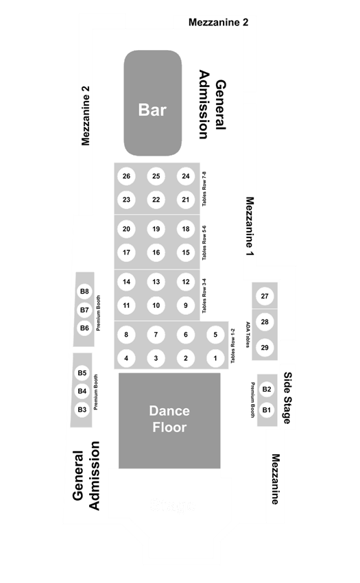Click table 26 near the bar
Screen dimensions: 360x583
coord(126,176)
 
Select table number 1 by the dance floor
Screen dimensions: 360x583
coord(215,359)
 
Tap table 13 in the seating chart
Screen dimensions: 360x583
coord(156,282)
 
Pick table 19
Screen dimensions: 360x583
coord(156,229)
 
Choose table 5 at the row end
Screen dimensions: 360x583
coord(215,335)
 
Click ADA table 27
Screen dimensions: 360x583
coord(265,296)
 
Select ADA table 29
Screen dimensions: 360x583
coord(265,348)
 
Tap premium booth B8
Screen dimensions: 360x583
coord(85,291)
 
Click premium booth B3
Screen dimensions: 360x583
coord(82,409)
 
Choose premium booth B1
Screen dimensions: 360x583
coord(267,410)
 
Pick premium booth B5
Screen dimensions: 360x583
coord(82,373)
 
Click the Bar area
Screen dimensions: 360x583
coord(153,103)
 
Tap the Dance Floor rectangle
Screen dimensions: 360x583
coord(169,420)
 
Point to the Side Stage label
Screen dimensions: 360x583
coord(287,398)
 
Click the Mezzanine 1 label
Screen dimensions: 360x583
coord(250,226)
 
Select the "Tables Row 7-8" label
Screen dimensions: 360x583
coord(204,189)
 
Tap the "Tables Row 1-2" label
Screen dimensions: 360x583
coord(233,346)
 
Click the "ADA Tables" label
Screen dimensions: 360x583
coord(248,335)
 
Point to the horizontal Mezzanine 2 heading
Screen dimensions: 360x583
coord(218,23)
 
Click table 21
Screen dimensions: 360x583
coord(186,200)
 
